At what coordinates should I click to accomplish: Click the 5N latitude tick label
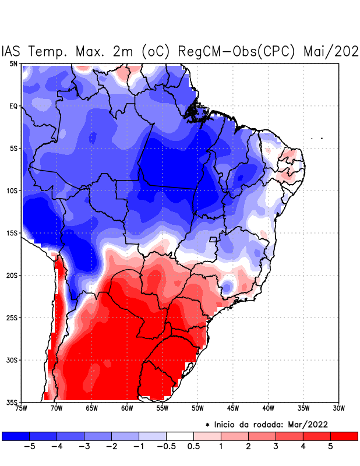click(x=13, y=63)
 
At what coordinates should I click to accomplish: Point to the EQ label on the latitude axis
click(x=13, y=106)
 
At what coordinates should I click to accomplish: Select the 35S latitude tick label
click(x=12, y=403)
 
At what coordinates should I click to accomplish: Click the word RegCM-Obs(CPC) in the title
click(x=238, y=51)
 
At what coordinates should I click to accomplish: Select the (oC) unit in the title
click(x=156, y=51)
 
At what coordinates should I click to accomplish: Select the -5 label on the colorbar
click(x=27, y=447)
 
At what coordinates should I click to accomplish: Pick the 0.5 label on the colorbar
click(x=194, y=447)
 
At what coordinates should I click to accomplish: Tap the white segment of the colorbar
click(x=180, y=436)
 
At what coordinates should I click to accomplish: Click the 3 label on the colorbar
click(x=276, y=447)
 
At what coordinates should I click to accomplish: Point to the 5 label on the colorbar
click(x=330, y=447)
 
